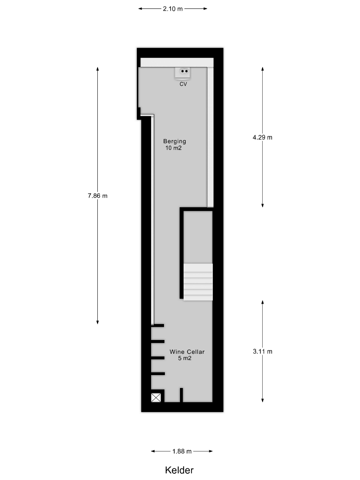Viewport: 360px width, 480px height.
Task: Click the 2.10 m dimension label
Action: pos(172,9)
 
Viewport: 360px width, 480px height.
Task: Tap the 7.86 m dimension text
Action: pos(98,196)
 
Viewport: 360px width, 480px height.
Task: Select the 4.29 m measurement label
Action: pos(262,137)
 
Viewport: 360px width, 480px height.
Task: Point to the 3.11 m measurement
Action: pos(262,352)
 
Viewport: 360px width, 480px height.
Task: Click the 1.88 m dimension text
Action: pos(182,451)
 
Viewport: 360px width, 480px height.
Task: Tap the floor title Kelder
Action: pos(180,470)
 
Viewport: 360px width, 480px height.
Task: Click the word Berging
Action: pos(175,141)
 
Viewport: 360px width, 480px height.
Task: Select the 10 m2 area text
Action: pos(174,148)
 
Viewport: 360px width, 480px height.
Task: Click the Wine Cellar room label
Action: pos(187,352)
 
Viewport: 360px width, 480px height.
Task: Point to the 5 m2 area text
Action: pos(185,359)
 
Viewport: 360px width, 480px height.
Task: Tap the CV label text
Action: pos(183,84)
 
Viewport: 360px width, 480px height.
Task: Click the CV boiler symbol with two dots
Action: pos(183,73)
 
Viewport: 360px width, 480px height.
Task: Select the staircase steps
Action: pos(198,282)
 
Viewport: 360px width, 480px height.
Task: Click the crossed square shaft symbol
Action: pos(156,398)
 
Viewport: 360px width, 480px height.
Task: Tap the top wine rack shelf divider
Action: pos(158,326)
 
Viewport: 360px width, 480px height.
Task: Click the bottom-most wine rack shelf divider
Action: pos(158,374)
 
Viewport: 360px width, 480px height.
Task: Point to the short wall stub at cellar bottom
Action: pos(181,395)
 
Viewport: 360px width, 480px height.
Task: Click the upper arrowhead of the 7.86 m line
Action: pos(98,69)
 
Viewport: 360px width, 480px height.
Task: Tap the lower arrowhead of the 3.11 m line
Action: pos(262,400)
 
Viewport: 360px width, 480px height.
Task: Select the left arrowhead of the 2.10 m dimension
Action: pos(140,9)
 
